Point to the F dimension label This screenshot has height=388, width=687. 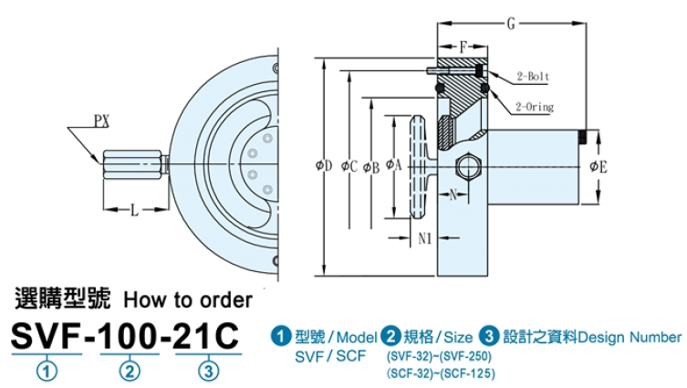pyautogui.click(x=463, y=45)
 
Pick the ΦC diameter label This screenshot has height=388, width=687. pyautogui.click(x=347, y=165)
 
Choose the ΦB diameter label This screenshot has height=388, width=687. pyautogui.click(x=370, y=165)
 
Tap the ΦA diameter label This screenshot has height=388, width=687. pyautogui.click(x=393, y=165)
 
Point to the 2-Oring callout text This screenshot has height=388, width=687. pyautogui.click(x=535, y=107)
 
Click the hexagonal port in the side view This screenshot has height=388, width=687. pyautogui.click(x=467, y=167)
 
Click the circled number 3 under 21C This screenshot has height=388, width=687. pyautogui.click(x=210, y=371)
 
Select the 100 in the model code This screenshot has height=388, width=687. pyautogui.click(x=130, y=337)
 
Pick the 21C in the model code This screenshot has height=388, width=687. pyautogui.click(x=210, y=337)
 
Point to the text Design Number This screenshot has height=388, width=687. pyautogui.click(x=630, y=336)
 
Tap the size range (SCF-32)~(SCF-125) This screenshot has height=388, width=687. pyautogui.click(x=434, y=373)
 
